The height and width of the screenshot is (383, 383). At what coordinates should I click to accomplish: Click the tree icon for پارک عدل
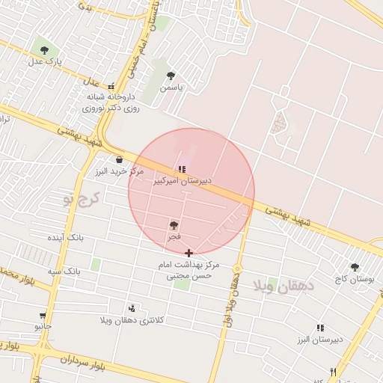pyautogui.click(x=44, y=50)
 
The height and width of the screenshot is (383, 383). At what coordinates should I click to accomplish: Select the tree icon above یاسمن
pyautogui.click(x=171, y=76)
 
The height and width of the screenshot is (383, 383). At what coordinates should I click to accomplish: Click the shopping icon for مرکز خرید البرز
pyautogui.click(x=119, y=159)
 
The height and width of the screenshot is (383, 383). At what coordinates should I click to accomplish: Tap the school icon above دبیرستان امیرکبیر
pyautogui.click(x=182, y=169)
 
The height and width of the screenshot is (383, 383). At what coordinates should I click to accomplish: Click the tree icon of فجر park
pyautogui.click(x=174, y=224)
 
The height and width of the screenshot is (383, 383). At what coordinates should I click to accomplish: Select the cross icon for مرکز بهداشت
pyautogui.click(x=189, y=254)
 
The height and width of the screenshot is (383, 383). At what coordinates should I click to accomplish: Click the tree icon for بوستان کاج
pyautogui.click(x=355, y=267)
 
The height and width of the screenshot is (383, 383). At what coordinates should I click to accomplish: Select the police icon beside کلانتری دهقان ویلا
pyautogui.click(x=132, y=307)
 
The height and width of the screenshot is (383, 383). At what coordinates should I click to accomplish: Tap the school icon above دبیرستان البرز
pyautogui.click(x=320, y=328)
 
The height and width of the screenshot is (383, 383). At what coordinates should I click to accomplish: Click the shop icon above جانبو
pyautogui.click(x=43, y=316)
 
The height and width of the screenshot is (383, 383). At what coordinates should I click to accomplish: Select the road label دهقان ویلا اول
pyautogui.click(x=230, y=299)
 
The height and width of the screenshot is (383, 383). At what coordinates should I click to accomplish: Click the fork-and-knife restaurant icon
pyautogui.click(x=334, y=372)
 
